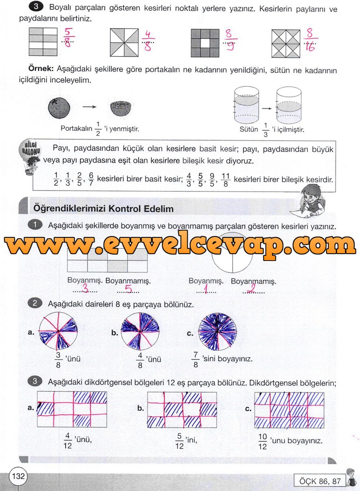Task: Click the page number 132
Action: [18, 476]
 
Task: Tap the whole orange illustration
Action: [59, 108]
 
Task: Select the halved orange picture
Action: [121, 109]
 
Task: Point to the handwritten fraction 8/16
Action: [310, 41]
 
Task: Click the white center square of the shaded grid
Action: [205, 43]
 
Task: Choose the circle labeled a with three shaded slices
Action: [58, 331]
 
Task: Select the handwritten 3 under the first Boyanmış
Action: [85, 289]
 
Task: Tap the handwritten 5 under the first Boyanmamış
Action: [128, 289]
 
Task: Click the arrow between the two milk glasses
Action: [267, 109]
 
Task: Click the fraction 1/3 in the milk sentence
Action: [266, 130]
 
